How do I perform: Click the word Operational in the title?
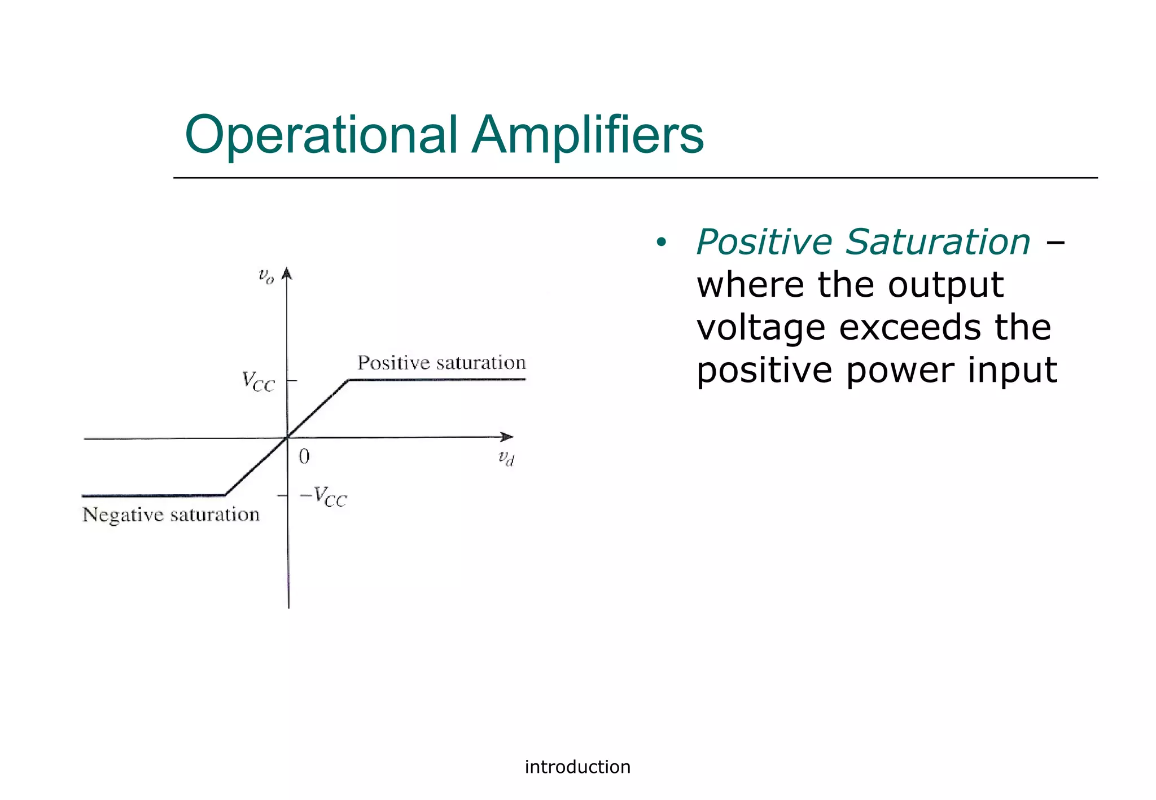[x=321, y=135]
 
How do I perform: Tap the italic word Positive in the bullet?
[x=764, y=242]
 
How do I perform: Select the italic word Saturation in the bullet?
[x=938, y=242]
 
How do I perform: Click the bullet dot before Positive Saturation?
[x=661, y=243]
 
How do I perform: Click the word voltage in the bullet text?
[x=761, y=328]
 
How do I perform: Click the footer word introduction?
[x=577, y=767]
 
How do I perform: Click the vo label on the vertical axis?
[x=266, y=276]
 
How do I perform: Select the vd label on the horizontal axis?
[x=506, y=458]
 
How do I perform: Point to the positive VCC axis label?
[x=258, y=381]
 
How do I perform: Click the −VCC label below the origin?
[x=323, y=497]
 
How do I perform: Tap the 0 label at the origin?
[x=304, y=456]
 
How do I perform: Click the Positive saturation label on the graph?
[x=441, y=363]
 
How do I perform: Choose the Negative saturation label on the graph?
[x=171, y=515]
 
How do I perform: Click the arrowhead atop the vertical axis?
[x=287, y=274]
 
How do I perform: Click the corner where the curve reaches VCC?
[x=348, y=380]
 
